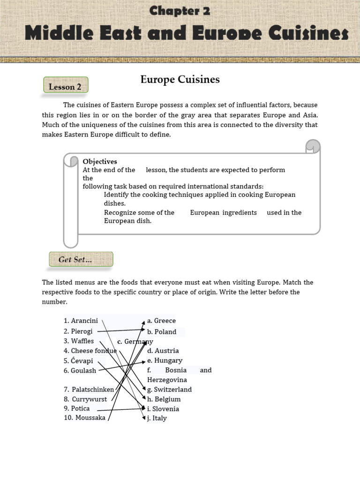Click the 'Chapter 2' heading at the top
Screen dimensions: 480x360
tap(180, 11)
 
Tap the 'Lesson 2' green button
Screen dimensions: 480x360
tap(66, 87)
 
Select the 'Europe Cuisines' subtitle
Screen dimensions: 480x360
tap(180, 80)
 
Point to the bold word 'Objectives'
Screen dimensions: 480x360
tap(100, 161)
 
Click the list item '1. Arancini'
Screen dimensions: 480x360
tap(81, 321)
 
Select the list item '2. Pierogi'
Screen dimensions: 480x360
tap(78, 331)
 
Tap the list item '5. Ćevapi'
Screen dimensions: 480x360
tap(78, 360)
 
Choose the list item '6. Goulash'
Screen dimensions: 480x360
tap(80, 370)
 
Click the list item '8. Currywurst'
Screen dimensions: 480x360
tap(85, 399)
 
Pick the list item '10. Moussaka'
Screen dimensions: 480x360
tap(85, 418)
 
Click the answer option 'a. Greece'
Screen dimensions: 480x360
tap(161, 321)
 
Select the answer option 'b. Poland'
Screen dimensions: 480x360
tap(162, 331)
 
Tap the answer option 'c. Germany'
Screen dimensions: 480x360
tap(135, 341)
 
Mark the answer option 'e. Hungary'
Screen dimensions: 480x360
tap(165, 360)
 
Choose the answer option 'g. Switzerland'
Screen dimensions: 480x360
tap(169, 389)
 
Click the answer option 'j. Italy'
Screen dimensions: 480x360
tap(157, 418)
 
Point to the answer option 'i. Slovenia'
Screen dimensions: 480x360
tap(163, 409)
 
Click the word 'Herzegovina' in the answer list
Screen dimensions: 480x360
tap(167, 380)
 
